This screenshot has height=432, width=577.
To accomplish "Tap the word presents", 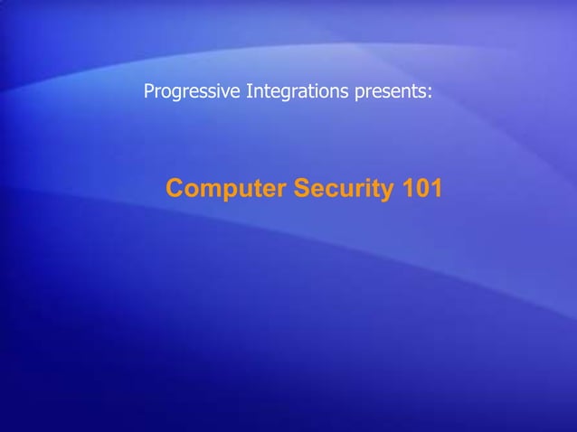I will pos(388,92).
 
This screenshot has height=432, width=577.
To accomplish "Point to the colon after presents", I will pos(430,93).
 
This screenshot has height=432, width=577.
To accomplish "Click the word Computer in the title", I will pos(225,190).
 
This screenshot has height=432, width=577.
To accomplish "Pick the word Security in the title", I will pos(337,190).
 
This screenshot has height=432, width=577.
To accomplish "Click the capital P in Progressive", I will pos(149,91).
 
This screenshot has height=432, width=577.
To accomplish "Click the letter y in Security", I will pos(380,193).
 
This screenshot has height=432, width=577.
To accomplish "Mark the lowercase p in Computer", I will pos(232,193).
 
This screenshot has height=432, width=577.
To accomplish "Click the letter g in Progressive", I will pos(175,94).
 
